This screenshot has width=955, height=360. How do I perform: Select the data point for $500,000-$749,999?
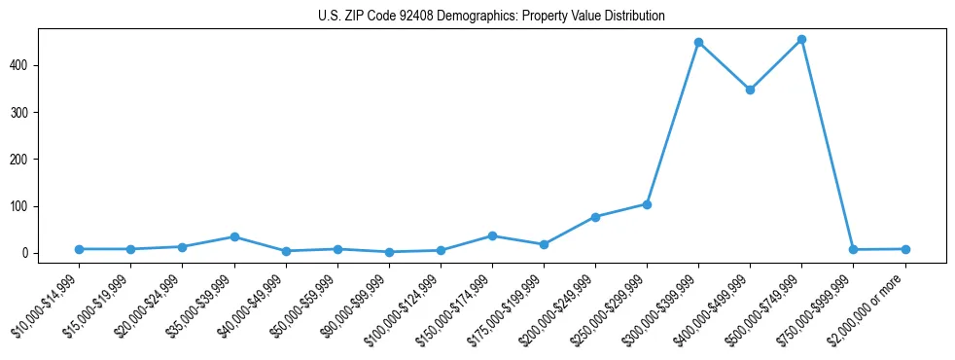tap(801, 40)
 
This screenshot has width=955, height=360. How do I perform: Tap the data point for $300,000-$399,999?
tap(698, 43)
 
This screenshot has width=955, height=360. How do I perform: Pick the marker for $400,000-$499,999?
tap(750, 90)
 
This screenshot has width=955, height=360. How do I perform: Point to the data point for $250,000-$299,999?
tap(647, 204)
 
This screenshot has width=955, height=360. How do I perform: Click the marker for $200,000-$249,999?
tap(595, 217)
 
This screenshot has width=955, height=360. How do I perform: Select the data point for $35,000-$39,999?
tap(234, 236)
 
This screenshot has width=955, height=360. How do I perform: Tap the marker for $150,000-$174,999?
tap(492, 235)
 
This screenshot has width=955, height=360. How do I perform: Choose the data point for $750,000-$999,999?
tap(853, 250)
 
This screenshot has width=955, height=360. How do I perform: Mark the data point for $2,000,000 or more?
tap(905, 249)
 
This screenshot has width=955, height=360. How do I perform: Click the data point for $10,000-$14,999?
tap(79, 249)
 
